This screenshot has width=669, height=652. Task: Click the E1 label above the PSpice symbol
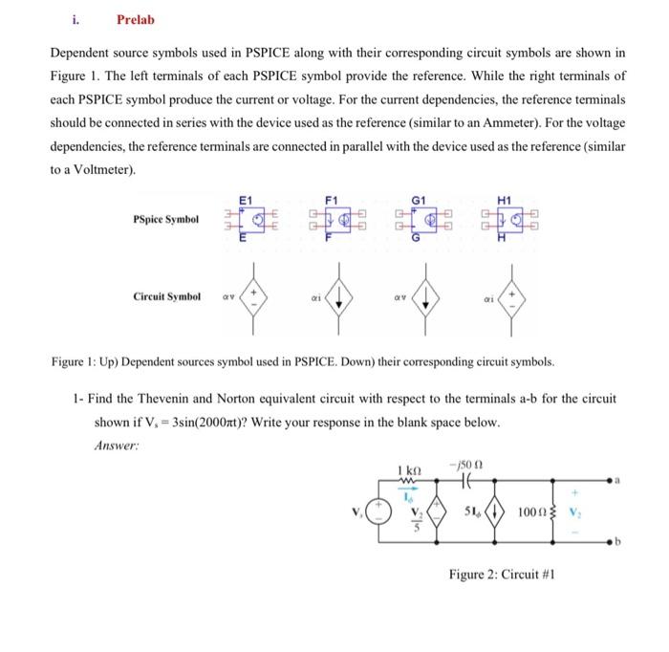[245, 199]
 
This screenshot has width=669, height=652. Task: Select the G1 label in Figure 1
[418, 199]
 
